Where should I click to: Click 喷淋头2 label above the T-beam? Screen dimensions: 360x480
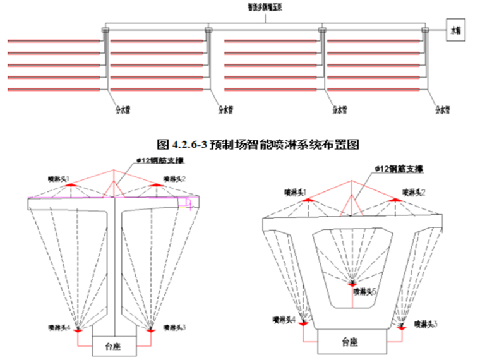(175, 178)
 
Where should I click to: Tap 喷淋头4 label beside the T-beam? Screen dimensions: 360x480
(59, 327)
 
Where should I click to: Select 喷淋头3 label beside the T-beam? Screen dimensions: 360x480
(175, 327)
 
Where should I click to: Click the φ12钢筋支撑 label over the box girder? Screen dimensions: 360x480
(398, 171)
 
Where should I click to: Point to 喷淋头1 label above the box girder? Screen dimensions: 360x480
(295, 191)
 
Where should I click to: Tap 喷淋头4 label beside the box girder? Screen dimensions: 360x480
(284, 320)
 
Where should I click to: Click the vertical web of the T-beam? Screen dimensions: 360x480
(114, 265)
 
